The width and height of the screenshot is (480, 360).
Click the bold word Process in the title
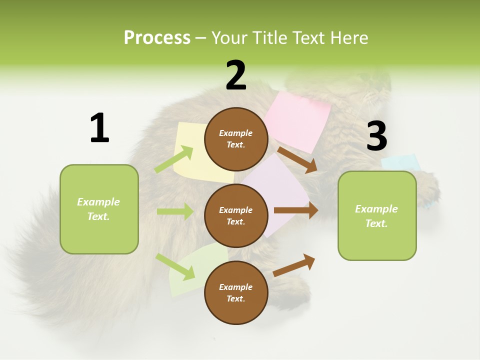click(x=157, y=38)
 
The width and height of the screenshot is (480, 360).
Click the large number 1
click(x=99, y=128)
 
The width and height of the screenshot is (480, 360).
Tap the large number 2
click(x=236, y=75)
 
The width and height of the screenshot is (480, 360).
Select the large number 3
click(x=376, y=136)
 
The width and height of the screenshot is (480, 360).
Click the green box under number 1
click(x=99, y=209)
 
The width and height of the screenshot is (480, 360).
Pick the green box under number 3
click(x=377, y=215)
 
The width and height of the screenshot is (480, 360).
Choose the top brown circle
click(x=236, y=139)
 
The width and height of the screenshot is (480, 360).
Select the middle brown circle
click(x=236, y=215)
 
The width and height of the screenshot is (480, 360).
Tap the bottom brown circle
click(x=236, y=292)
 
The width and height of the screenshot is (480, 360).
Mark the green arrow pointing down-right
click(x=175, y=266)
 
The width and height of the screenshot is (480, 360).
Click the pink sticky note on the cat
click(x=300, y=117)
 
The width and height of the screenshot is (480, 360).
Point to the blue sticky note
click(x=400, y=162)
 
